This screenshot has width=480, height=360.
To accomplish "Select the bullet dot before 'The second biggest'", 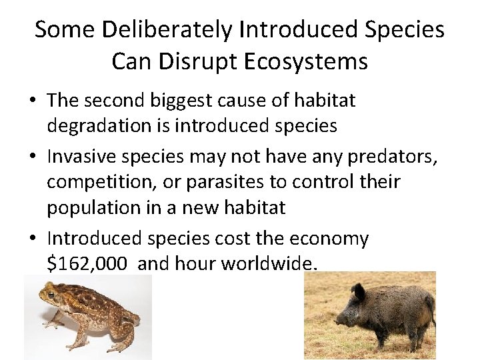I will click(32, 101).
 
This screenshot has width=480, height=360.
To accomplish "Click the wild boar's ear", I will click(360, 291).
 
